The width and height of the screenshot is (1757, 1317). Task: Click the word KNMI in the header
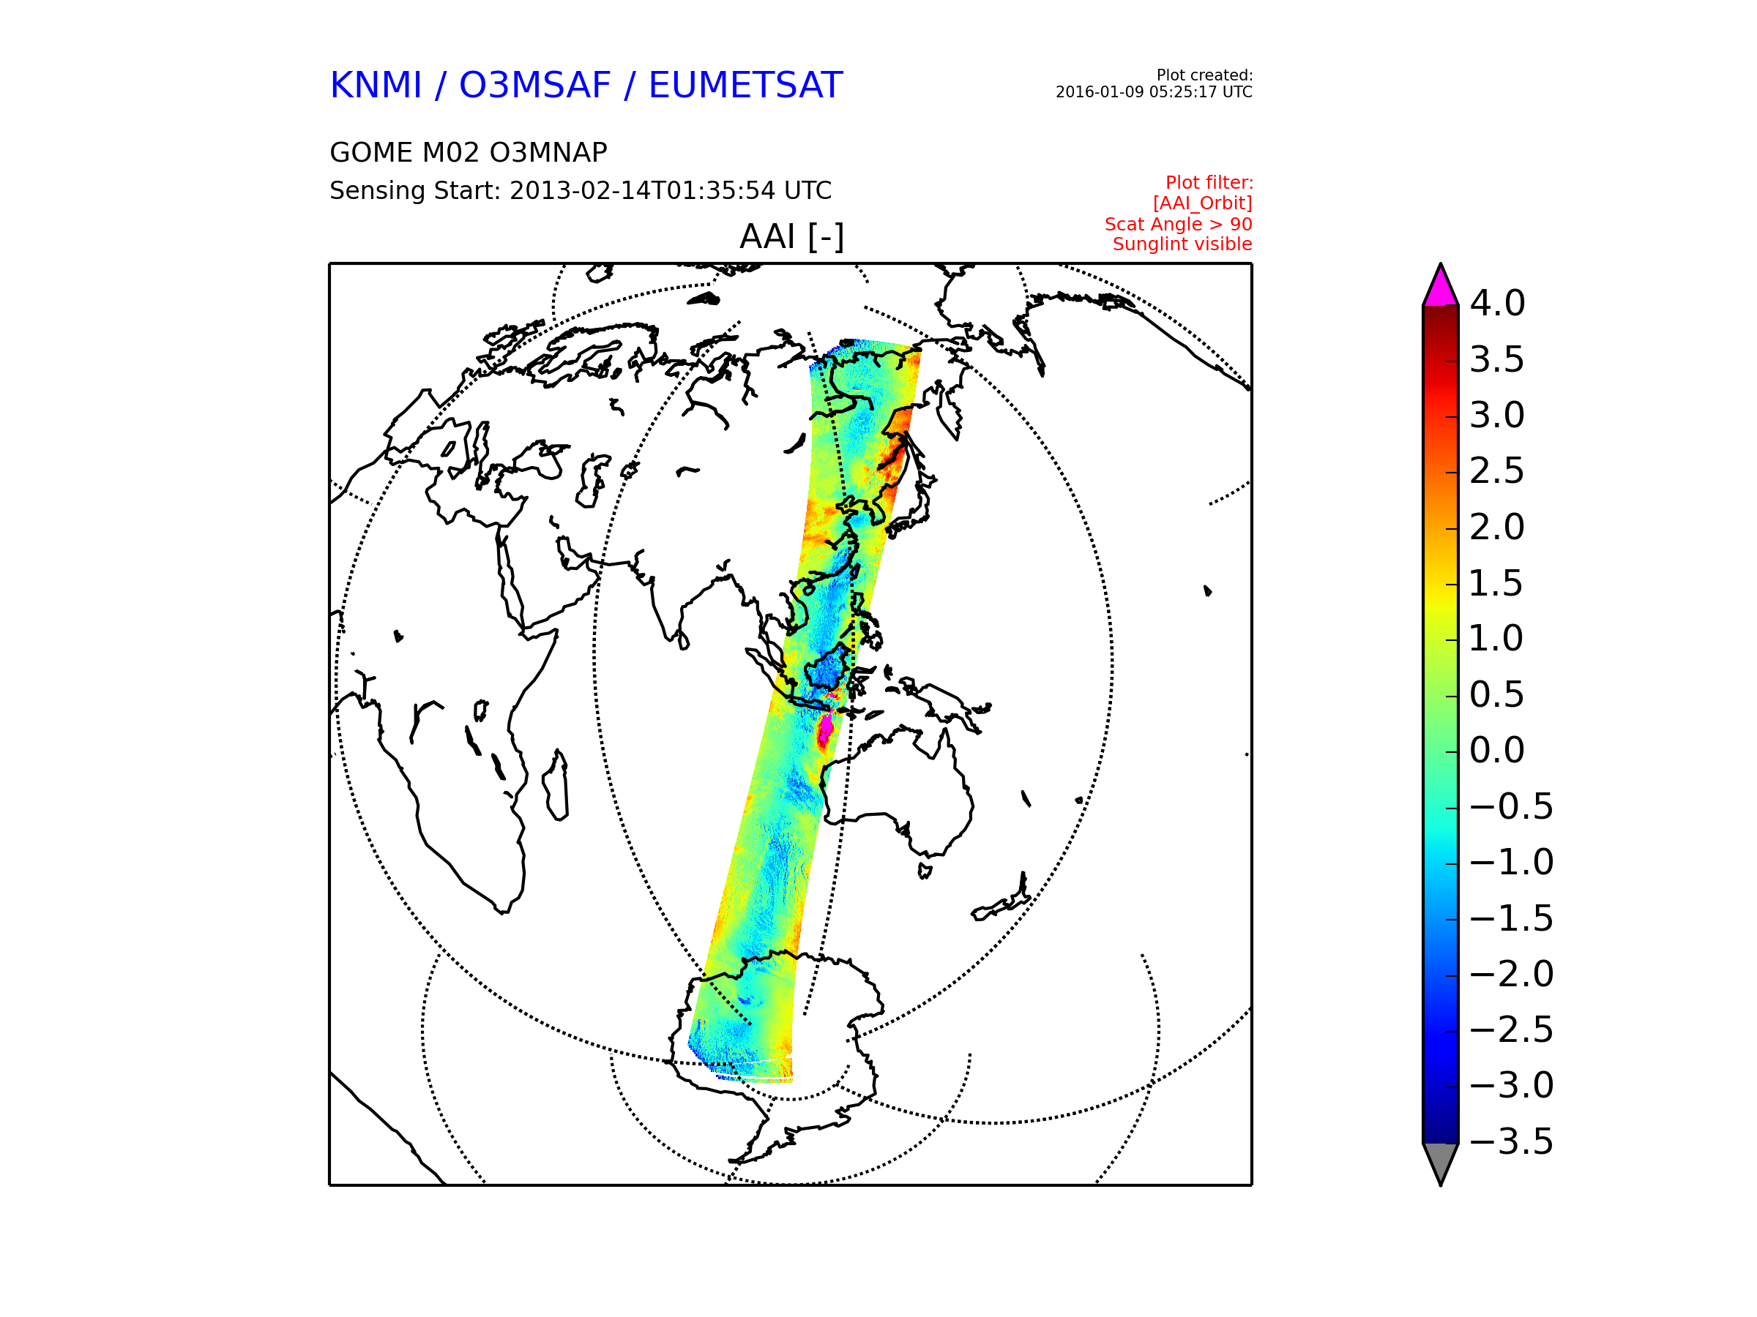coord(376,86)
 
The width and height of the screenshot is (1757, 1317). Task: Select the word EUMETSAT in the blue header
coord(745,86)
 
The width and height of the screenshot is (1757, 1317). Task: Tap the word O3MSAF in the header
coord(535,86)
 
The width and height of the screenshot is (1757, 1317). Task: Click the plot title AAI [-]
coord(792,236)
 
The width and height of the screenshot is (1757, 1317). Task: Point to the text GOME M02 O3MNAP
coord(469,152)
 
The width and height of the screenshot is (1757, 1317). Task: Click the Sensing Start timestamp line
coord(581,190)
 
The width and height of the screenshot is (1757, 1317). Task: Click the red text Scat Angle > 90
coord(1178,225)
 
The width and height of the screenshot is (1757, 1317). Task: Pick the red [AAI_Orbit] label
coord(1203,204)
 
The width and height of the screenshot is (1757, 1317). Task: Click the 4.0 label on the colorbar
coord(1497,303)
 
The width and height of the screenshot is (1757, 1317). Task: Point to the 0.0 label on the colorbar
coord(1497,750)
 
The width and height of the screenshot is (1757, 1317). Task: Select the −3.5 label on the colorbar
coord(1512,1141)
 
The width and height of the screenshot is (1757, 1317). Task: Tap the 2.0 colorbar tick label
coord(1497,527)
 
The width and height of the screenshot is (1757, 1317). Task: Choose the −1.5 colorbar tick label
coord(1512,918)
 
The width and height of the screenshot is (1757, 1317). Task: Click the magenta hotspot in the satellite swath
coord(826,729)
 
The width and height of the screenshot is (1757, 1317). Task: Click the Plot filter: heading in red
coord(1209,184)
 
